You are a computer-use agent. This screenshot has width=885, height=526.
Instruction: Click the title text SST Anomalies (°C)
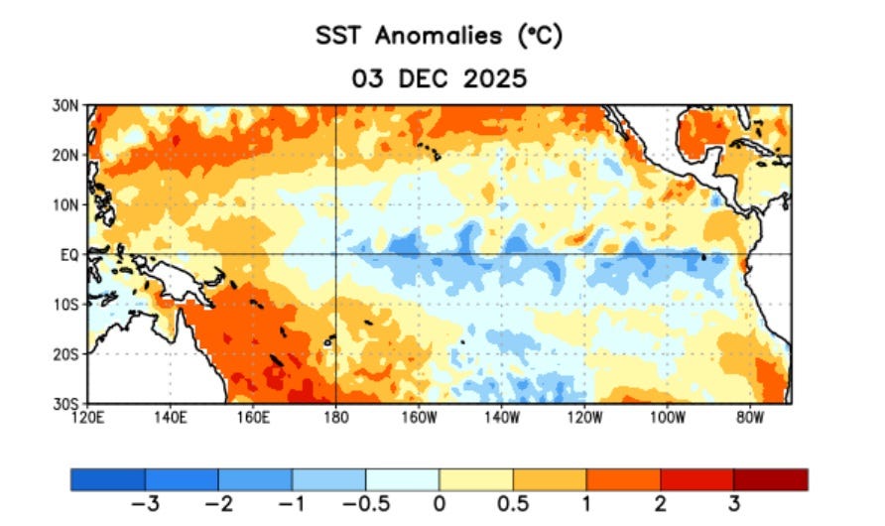(440, 36)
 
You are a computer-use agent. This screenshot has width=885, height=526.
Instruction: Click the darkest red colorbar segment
(770, 479)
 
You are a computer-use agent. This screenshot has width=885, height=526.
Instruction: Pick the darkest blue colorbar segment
(108, 479)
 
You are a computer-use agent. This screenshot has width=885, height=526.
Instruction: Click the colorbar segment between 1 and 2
(623, 479)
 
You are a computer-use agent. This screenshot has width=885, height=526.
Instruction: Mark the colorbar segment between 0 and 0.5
(476, 479)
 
